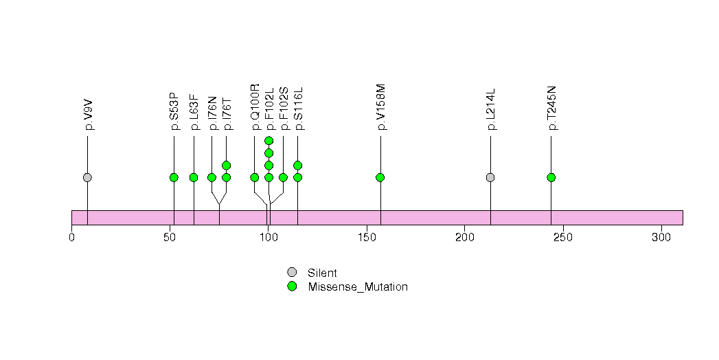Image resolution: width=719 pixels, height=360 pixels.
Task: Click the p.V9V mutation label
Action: pos(89,117)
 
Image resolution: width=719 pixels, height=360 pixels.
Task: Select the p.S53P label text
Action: pos(174,111)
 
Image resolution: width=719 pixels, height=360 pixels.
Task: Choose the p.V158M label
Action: pos(381,108)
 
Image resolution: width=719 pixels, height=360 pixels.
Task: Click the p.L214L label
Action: pos(491,111)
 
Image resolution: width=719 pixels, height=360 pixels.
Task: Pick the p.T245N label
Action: pos(551,108)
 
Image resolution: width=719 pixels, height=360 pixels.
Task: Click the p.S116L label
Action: pos(298,108)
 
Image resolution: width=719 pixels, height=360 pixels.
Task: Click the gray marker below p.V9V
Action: pos(87,177)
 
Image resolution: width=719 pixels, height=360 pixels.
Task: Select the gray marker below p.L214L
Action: pos(490,177)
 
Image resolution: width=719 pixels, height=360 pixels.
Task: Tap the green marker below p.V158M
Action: pos(380,177)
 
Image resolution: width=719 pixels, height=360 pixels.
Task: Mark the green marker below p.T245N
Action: pos(551,177)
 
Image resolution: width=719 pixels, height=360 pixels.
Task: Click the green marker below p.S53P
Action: pos(174,177)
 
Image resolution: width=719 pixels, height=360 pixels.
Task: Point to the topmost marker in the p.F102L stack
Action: pos(269,141)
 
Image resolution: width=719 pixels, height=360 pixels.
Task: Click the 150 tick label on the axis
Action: pos(366,238)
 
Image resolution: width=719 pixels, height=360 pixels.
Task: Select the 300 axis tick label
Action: pos(661,238)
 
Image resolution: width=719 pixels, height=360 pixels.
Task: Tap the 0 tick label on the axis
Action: pos(71,238)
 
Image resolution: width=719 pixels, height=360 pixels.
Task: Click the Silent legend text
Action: pos(322,273)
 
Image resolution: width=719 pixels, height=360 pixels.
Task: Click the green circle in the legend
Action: pos(292,286)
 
